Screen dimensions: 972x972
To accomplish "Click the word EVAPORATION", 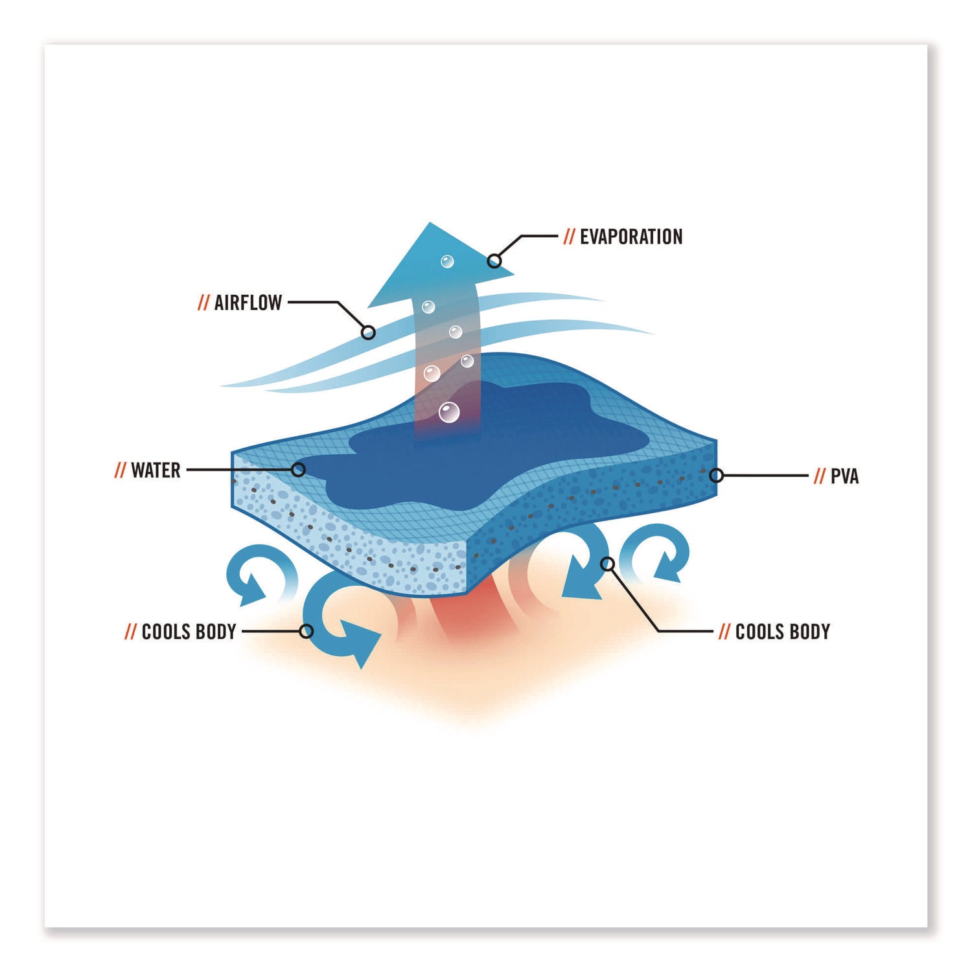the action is (x=631, y=237).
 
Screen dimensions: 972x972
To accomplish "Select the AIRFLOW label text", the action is (x=248, y=303).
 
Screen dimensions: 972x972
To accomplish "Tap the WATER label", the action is (x=156, y=470).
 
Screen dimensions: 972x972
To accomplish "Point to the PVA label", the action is (x=844, y=476).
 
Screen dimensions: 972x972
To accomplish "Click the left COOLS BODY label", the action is (x=189, y=631).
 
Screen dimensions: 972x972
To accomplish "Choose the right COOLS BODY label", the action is (x=783, y=631).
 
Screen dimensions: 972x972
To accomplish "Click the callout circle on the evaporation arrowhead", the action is (x=494, y=261).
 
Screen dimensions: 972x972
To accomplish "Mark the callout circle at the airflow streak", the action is (x=368, y=333).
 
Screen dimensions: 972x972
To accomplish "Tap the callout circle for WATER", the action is (x=298, y=470).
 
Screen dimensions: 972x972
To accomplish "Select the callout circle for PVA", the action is (x=716, y=476).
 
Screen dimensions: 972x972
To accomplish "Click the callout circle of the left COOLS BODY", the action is (x=307, y=631).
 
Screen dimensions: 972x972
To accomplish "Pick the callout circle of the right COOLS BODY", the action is (x=607, y=564).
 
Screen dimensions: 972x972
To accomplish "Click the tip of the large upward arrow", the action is (x=430, y=222).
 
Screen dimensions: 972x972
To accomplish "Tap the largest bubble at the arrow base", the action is (x=449, y=412).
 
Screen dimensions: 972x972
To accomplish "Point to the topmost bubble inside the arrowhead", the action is (x=447, y=262).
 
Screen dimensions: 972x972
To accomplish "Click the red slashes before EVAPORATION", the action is (x=569, y=237).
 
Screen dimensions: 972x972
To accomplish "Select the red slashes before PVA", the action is (x=820, y=476).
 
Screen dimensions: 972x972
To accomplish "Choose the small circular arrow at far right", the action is (x=654, y=550).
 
